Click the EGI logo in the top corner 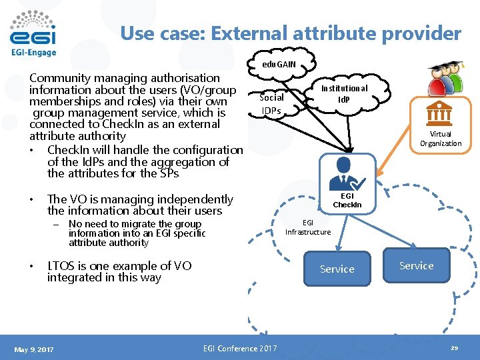point(33,33)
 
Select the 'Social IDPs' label point(271,103)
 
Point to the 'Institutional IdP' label point(344,93)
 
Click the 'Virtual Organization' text point(440,139)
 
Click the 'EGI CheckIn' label point(347,200)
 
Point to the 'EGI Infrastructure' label point(308,227)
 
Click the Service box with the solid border point(337,269)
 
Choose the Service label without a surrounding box point(416,265)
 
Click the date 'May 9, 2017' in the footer point(34,349)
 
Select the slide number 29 point(455,348)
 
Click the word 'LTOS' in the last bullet point(63,266)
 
